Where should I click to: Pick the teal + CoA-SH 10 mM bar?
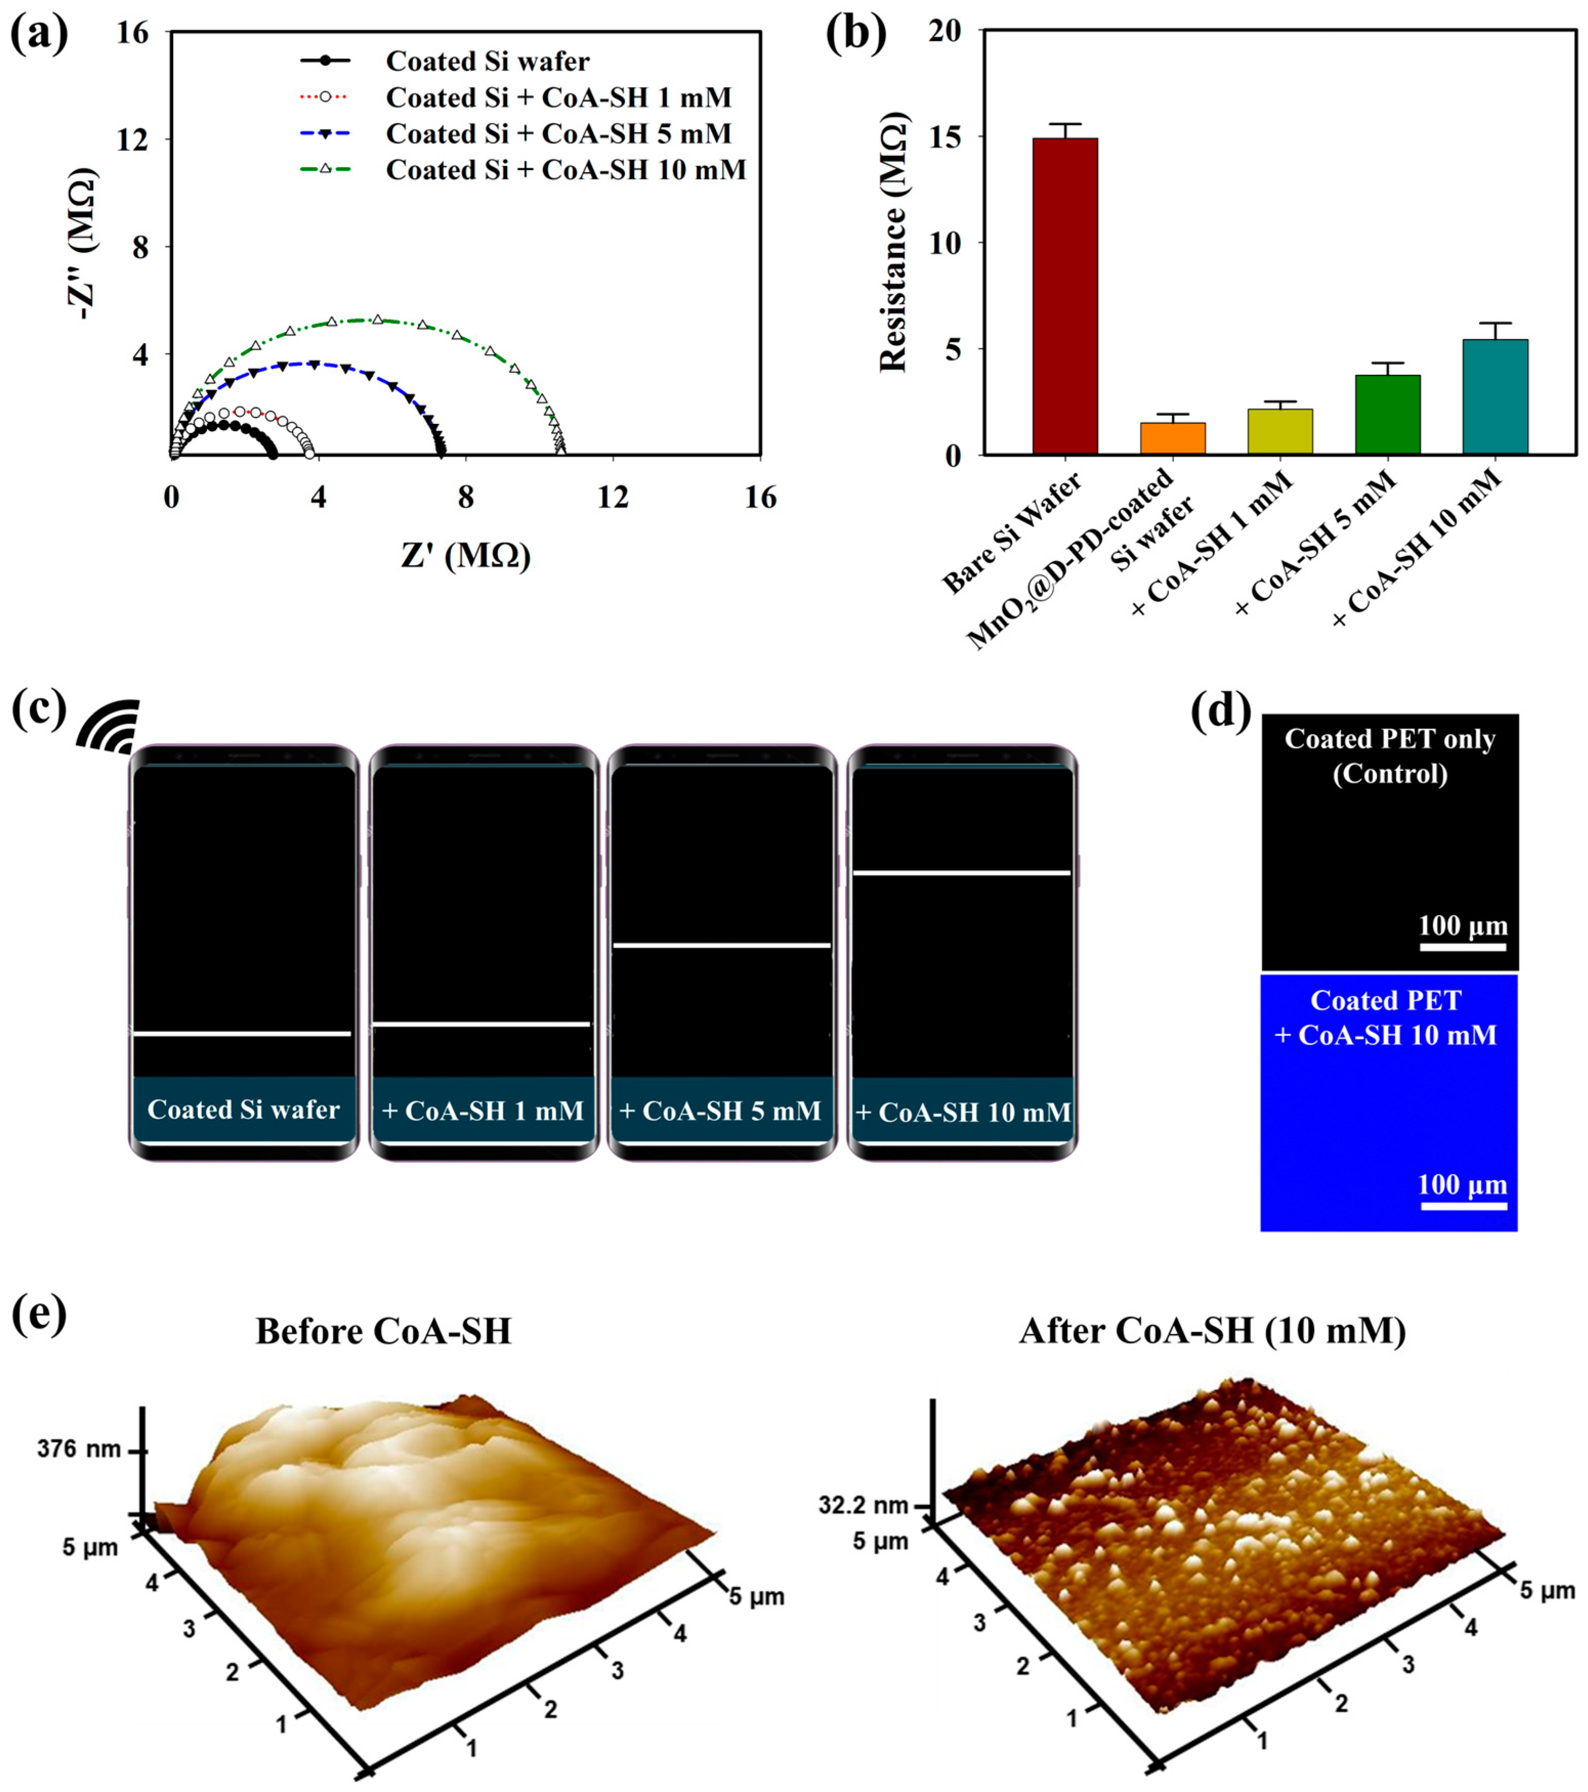tap(1495, 396)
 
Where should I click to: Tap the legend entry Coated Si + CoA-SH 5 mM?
tap(558, 133)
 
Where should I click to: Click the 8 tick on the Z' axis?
tap(465, 499)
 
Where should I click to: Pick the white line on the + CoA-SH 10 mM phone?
tap(962, 872)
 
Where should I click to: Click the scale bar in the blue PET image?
tap(1463, 1206)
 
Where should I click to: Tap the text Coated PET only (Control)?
tap(1390, 756)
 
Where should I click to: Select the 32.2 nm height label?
tap(864, 1505)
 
